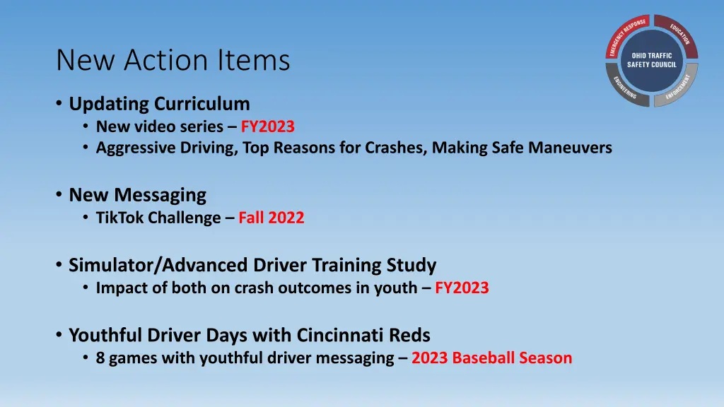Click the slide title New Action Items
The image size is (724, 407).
(x=173, y=61)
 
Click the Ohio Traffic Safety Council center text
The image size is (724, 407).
(x=652, y=60)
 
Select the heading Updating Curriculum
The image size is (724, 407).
(x=159, y=104)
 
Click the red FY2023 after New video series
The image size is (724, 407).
(x=267, y=127)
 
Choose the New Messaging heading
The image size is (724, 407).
(x=137, y=194)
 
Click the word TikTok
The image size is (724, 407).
(x=117, y=218)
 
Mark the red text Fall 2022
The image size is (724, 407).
(x=271, y=218)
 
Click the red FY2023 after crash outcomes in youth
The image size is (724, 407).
(x=462, y=288)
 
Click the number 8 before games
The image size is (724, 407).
(x=101, y=358)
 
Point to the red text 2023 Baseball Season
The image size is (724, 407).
(x=491, y=358)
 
